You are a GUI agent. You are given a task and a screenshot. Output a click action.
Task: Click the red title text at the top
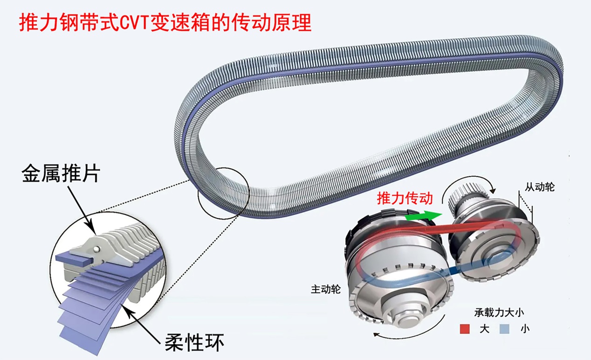[x=165, y=23]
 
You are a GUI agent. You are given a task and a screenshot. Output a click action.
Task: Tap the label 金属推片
[x=61, y=173]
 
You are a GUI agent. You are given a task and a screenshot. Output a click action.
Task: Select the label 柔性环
[x=194, y=342]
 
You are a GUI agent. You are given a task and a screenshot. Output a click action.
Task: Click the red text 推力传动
[x=405, y=199]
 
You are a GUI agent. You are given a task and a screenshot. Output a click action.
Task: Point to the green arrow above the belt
[x=423, y=215]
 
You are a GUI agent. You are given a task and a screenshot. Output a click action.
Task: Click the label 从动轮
[x=540, y=187]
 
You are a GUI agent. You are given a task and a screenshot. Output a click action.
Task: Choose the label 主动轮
[x=326, y=289]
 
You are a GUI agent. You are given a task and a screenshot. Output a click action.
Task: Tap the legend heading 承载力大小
[x=499, y=313]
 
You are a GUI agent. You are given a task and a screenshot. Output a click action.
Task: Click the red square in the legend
[x=465, y=329]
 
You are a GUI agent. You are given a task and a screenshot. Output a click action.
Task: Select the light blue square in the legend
[x=504, y=329]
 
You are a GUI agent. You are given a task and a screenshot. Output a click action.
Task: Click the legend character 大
[x=484, y=329]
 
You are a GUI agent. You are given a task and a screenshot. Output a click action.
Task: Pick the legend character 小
[x=525, y=329]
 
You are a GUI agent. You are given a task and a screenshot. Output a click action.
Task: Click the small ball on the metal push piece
[x=97, y=249]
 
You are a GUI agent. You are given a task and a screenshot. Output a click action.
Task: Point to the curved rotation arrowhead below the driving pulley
[x=376, y=335]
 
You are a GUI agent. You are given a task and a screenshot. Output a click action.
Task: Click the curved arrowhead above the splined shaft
[x=493, y=191]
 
